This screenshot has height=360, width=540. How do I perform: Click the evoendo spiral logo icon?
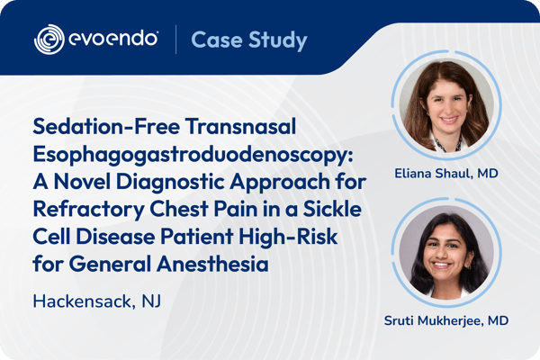point(49,40)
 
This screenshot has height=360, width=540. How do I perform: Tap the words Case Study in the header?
point(250,40)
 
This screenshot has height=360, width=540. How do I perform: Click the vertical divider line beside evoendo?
point(175,40)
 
